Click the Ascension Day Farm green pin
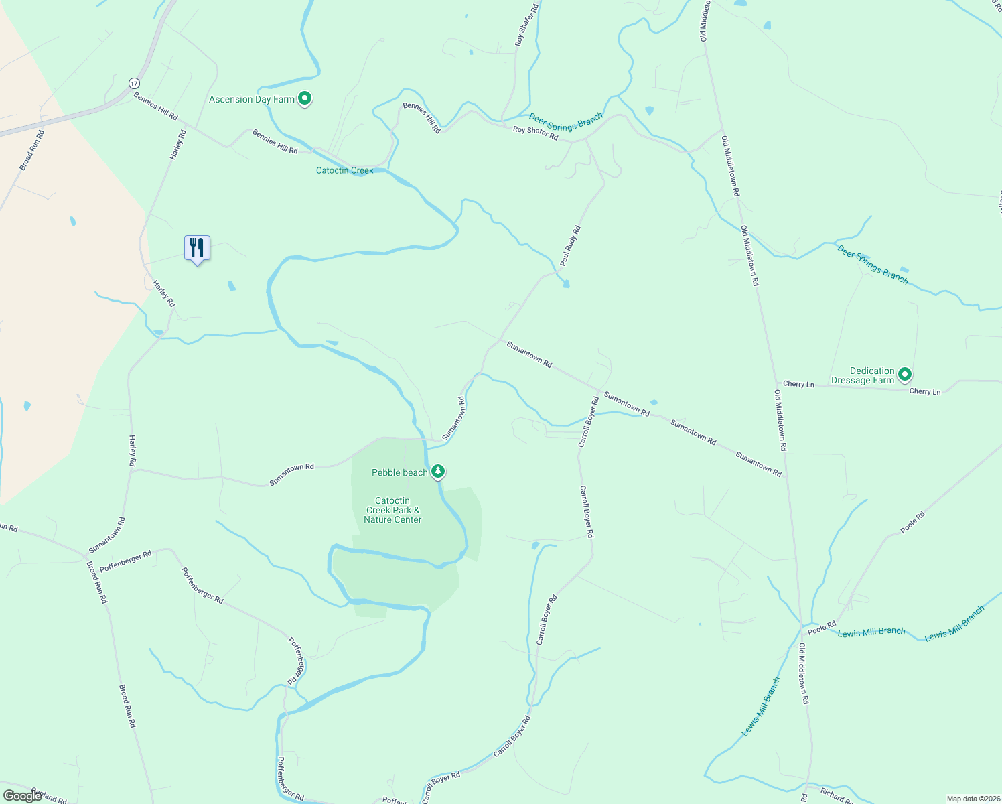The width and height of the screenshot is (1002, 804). [305, 99]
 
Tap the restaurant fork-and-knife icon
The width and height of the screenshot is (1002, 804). [197, 248]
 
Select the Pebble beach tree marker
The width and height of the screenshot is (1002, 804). [438, 472]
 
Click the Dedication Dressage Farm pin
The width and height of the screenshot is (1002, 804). [905, 375]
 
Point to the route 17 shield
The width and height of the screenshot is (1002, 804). [135, 83]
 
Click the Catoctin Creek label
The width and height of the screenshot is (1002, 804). [344, 170]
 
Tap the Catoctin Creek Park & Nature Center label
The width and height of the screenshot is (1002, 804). [392, 510]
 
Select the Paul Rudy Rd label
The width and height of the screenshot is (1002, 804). [570, 247]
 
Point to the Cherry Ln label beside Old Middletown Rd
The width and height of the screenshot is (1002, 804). [798, 384]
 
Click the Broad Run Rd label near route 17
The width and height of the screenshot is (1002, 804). [32, 149]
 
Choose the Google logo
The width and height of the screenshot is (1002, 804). [22, 795]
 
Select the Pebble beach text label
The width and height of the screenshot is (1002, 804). [399, 472]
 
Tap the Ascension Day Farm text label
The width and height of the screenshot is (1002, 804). [252, 99]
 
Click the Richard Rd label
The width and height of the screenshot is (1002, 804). [836, 795]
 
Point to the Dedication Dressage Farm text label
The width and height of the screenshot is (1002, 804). [863, 375]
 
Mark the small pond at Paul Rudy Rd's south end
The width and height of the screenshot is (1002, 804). [566, 284]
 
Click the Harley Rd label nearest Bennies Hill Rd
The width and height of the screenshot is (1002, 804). [177, 145]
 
